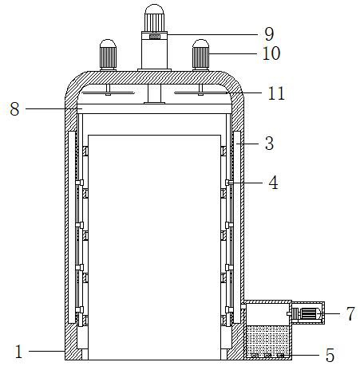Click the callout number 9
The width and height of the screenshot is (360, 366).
269,34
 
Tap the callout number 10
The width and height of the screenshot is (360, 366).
271,53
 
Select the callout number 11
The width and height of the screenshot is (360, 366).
276,93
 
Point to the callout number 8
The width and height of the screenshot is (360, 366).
14,109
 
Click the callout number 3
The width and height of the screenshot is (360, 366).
269,144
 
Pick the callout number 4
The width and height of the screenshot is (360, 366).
273,183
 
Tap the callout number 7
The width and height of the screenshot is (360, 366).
350,313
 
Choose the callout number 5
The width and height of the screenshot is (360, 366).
330,356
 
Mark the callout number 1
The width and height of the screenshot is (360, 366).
18,352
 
